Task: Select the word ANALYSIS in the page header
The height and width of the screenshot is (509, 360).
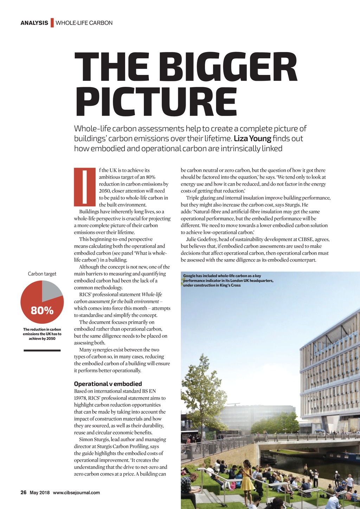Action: [34, 23]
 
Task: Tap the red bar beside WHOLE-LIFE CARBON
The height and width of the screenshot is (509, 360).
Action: [52, 22]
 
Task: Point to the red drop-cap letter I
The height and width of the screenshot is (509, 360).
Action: [85, 187]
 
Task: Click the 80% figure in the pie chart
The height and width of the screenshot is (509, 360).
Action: [42, 311]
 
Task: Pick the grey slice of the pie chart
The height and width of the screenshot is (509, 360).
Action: [51, 290]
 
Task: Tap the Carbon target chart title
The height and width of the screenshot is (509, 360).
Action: [42, 274]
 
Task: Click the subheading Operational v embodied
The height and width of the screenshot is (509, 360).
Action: [108, 384]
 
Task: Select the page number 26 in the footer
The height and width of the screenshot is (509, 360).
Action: [24, 492]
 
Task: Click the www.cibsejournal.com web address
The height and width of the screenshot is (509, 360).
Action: [76, 493]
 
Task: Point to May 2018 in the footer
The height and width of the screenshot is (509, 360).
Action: [40, 493]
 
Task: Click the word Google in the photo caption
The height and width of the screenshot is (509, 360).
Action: [189, 276]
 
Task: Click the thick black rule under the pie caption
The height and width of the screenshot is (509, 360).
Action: [42, 350]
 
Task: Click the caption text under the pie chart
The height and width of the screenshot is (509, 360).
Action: [42, 334]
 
